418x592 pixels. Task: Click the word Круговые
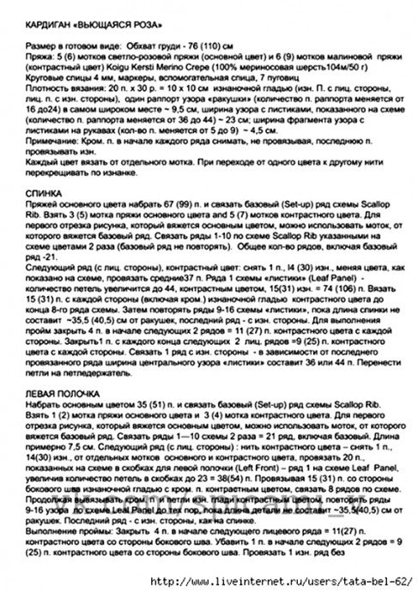click(42, 74)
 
